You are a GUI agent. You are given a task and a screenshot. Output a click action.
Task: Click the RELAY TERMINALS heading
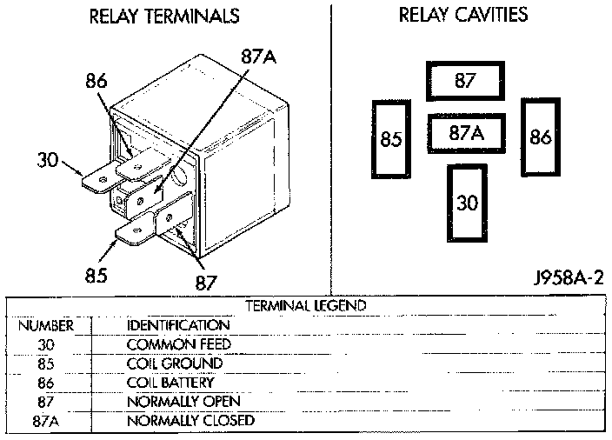(x=164, y=17)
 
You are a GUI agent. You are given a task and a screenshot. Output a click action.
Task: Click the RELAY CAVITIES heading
(x=462, y=16)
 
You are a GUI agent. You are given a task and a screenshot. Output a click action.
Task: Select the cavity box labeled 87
(x=465, y=81)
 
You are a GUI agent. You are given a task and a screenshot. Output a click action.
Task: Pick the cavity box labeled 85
(x=391, y=139)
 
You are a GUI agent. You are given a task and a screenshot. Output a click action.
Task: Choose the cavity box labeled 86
(x=540, y=137)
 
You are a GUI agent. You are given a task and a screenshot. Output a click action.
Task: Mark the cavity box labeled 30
(x=467, y=203)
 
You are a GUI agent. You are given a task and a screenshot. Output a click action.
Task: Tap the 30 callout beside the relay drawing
(x=49, y=160)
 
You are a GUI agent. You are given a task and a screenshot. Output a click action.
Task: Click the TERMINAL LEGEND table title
(x=306, y=306)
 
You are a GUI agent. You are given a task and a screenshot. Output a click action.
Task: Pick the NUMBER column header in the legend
(x=45, y=325)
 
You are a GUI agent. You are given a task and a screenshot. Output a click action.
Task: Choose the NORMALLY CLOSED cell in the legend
(x=190, y=421)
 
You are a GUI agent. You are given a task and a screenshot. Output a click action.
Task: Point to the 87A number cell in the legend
(x=46, y=421)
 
